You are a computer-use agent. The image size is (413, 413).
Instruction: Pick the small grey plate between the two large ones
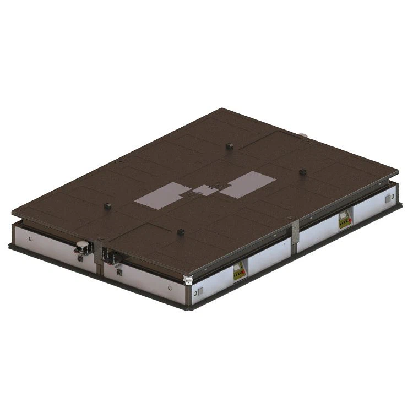(205, 191)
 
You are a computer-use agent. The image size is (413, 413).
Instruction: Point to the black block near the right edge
(302, 172)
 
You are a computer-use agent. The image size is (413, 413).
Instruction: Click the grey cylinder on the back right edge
(302, 135)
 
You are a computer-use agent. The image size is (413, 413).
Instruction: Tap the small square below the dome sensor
(81, 258)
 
